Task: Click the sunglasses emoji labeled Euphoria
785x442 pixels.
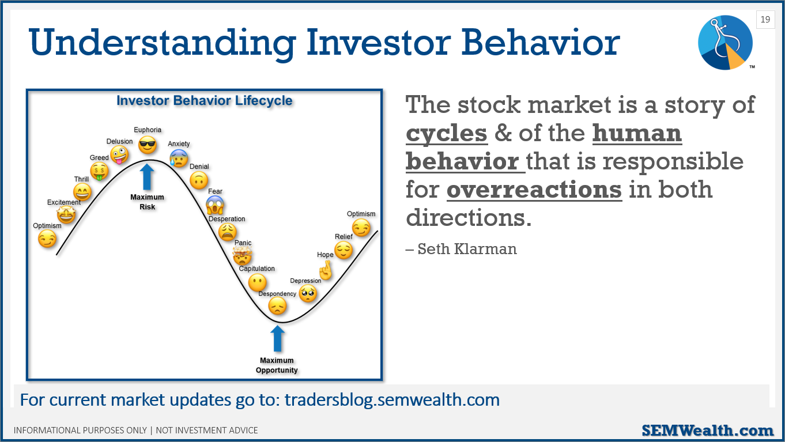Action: tap(147, 145)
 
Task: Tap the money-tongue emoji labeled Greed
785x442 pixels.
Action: tap(99, 171)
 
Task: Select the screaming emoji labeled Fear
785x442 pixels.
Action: tap(215, 205)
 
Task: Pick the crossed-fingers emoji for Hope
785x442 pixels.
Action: tap(326, 271)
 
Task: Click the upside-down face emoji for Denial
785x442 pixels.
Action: tap(199, 180)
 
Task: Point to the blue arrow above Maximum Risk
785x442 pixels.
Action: tap(147, 177)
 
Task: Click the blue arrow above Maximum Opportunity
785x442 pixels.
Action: tap(278, 338)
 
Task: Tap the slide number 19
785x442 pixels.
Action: tap(765, 19)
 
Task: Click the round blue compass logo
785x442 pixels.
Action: tap(725, 43)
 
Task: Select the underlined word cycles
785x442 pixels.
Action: tap(447, 133)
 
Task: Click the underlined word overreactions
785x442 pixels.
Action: tap(534, 189)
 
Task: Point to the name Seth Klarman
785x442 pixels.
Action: tap(467, 249)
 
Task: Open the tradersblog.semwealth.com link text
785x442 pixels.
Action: tap(392, 399)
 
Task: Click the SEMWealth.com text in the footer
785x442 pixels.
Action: tap(708, 430)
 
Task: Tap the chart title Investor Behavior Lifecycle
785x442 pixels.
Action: tap(204, 101)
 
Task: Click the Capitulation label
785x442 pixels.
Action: tap(256, 269)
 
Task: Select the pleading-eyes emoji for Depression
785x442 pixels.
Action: tap(308, 293)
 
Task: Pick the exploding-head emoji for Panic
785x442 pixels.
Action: tap(243, 255)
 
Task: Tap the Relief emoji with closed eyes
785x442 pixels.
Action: tap(344, 250)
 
